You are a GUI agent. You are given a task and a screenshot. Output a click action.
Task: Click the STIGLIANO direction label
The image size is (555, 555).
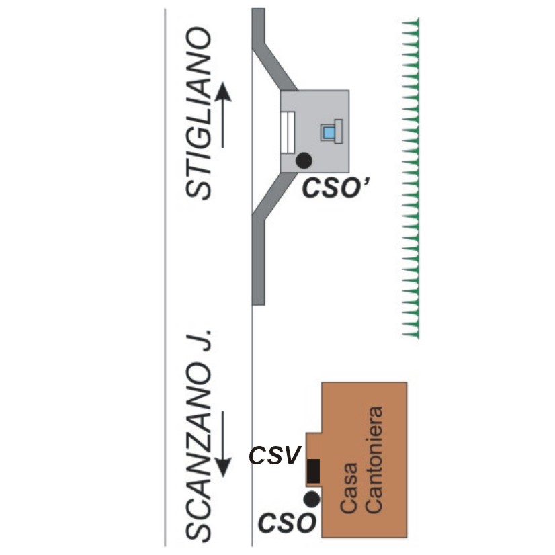198,114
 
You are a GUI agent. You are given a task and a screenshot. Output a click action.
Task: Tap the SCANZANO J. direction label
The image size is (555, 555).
198,435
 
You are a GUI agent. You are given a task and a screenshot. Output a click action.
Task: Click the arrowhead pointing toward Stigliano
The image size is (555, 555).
222,93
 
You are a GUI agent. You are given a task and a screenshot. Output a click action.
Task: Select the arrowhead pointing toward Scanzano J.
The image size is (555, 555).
223,467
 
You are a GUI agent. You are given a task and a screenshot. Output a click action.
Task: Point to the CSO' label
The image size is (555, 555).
335,187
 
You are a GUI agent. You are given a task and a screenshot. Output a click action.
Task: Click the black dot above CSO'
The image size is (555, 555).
304,161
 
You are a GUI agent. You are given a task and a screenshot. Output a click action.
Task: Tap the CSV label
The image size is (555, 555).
275,456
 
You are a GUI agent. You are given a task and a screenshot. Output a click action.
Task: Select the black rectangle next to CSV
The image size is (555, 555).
313,471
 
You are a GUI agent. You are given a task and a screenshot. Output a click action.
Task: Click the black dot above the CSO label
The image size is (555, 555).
312,499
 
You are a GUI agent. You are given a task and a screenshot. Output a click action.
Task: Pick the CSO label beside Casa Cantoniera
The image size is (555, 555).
287,523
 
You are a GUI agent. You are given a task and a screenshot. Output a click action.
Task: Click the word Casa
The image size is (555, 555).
349,488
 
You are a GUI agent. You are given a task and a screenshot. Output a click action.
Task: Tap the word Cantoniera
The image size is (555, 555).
374,460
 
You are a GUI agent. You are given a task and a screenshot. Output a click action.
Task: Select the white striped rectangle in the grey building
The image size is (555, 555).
288,132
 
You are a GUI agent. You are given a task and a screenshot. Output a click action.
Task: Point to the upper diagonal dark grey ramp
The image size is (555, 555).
275,67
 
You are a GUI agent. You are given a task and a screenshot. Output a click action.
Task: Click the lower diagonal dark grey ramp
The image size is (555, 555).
275,196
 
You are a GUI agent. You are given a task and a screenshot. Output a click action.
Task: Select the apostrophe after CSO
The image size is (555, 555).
366,182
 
